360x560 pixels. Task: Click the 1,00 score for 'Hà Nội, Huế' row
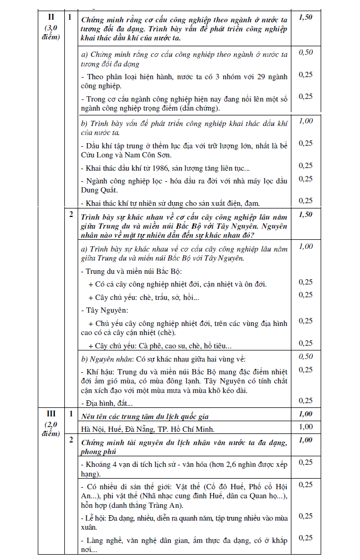pyautogui.click(x=305, y=427)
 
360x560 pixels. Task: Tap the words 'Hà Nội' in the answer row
pyautogui.click(x=93, y=428)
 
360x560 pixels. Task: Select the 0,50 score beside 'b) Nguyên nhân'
pyautogui.click(x=305, y=356)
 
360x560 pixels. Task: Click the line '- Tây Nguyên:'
pyautogui.click(x=104, y=310)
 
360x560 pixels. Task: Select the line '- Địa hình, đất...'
pyautogui.click(x=106, y=404)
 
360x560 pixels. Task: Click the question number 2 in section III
pyautogui.click(x=71, y=440)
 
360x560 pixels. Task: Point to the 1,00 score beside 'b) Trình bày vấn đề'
pyautogui.click(x=305, y=121)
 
